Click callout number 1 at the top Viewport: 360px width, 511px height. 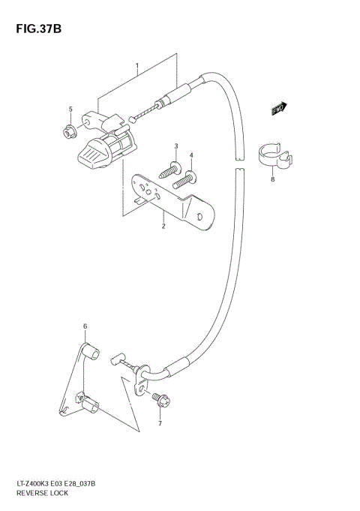click(x=137, y=67)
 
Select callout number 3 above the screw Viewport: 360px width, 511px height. click(x=175, y=146)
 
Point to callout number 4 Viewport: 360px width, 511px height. click(x=191, y=156)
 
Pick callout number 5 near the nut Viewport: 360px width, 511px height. click(x=70, y=110)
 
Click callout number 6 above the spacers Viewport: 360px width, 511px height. click(x=85, y=326)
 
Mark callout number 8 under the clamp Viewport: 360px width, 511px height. click(x=273, y=179)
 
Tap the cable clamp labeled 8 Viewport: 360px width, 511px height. click(x=278, y=155)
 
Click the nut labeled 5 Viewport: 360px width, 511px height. click(x=70, y=133)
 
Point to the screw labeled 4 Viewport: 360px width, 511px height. click(x=184, y=179)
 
